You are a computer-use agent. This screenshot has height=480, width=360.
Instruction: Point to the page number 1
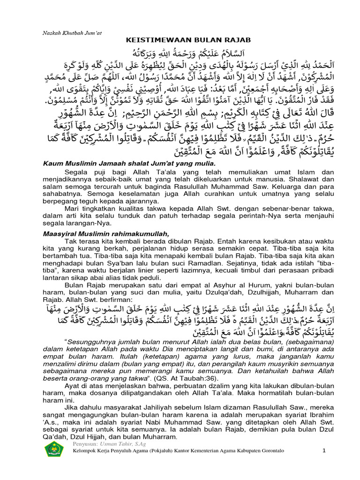pos(324,450)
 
